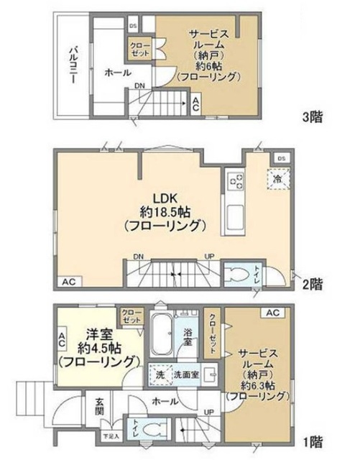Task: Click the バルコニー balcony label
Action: point(73,65)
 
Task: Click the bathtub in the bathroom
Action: point(161,336)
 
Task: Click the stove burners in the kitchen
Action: point(235,181)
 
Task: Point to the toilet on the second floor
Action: point(238,275)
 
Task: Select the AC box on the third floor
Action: point(194,104)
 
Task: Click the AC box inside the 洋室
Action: point(62,338)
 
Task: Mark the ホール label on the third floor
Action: point(117,72)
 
